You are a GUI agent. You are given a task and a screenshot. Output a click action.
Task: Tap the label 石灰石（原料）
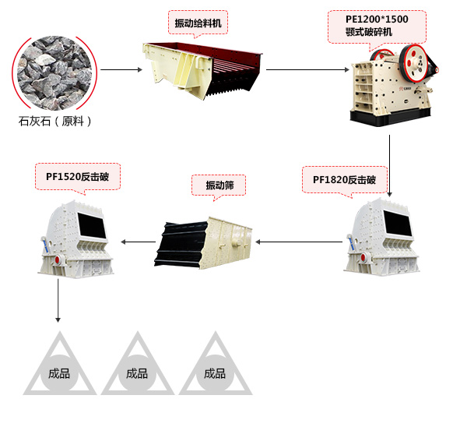[x=55, y=122]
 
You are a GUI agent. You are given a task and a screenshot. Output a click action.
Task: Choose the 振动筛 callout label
[x=219, y=185]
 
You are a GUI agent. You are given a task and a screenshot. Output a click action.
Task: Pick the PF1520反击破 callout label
[x=77, y=175]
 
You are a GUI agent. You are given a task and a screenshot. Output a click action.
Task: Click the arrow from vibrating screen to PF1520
[x=138, y=241]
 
